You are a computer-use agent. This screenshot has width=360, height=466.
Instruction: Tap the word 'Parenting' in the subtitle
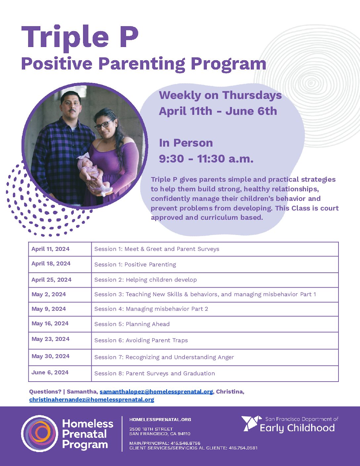[142, 64]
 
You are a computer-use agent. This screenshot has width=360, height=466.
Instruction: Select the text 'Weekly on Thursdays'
[220, 95]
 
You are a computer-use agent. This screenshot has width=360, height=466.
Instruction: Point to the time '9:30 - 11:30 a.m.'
[206, 159]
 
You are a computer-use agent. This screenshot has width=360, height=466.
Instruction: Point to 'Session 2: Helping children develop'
[146, 280]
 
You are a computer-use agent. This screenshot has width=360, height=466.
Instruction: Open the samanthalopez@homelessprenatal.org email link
[156, 392]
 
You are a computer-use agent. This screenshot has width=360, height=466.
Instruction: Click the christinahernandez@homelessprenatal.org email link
[92, 399]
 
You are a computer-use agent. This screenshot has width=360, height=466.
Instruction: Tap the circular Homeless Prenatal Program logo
[40, 434]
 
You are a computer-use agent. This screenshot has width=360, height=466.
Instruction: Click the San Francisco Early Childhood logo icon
[251, 423]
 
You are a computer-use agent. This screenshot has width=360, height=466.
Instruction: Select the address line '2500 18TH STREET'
[151, 429]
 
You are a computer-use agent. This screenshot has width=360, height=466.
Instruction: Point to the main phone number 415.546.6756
[186, 443]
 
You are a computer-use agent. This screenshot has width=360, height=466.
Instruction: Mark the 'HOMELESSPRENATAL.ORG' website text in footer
[160, 419]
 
